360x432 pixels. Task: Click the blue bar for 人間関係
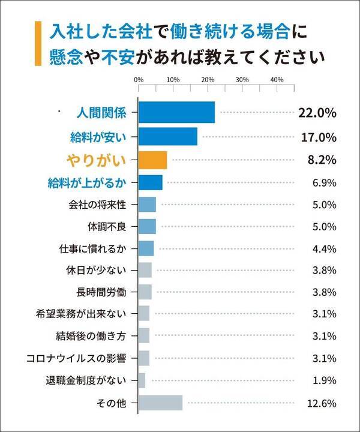click(x=176, y=113)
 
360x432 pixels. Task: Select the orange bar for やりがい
click(x=152, y=160)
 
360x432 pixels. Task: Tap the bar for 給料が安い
click(x=168, y=137)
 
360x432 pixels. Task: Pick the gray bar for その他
click(x=160, y=403)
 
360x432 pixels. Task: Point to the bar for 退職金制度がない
click(x=142, y=380)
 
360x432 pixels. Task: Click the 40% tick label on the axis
click(x=277, y=79)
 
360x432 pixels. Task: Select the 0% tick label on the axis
click(x=139, y=79)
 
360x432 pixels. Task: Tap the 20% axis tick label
click(x=208, y=79)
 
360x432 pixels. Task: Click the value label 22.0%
click(x=317, y=113)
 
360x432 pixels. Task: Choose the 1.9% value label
click(x=324, y=380)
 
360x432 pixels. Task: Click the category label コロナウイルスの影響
click(x=76, y=358)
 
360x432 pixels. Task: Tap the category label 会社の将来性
click(x=97, y=205)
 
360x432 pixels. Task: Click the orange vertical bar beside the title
click(x=38, y=43)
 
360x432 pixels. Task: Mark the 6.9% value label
click(x=324, y=182)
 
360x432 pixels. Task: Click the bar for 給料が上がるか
click(x=151, y=182)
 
